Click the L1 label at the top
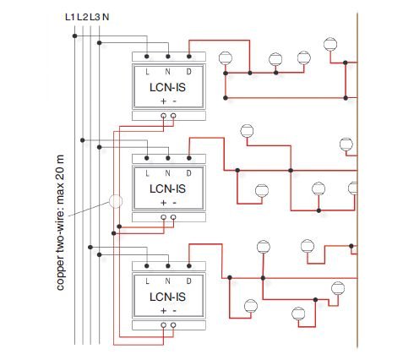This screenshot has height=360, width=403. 70,17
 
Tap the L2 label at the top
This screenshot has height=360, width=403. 83,17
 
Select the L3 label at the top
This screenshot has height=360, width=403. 95,17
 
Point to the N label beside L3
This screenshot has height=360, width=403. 106,17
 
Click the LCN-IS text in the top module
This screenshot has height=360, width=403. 167,87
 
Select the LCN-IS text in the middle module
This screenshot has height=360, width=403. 167,188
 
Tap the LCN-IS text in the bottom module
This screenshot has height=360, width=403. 167,297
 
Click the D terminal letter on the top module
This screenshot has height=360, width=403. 189,72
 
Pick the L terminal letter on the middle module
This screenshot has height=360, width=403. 147,173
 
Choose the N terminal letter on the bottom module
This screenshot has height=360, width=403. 168,281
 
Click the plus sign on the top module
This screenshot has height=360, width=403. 163,101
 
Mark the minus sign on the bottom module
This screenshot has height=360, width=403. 174,311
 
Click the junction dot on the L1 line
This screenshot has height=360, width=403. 74,35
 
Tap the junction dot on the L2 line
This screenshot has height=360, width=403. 83,140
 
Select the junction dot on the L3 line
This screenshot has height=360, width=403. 90,247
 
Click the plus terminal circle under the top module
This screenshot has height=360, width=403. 163,116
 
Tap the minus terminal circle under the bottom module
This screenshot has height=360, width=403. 173,325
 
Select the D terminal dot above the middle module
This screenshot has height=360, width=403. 189,158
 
